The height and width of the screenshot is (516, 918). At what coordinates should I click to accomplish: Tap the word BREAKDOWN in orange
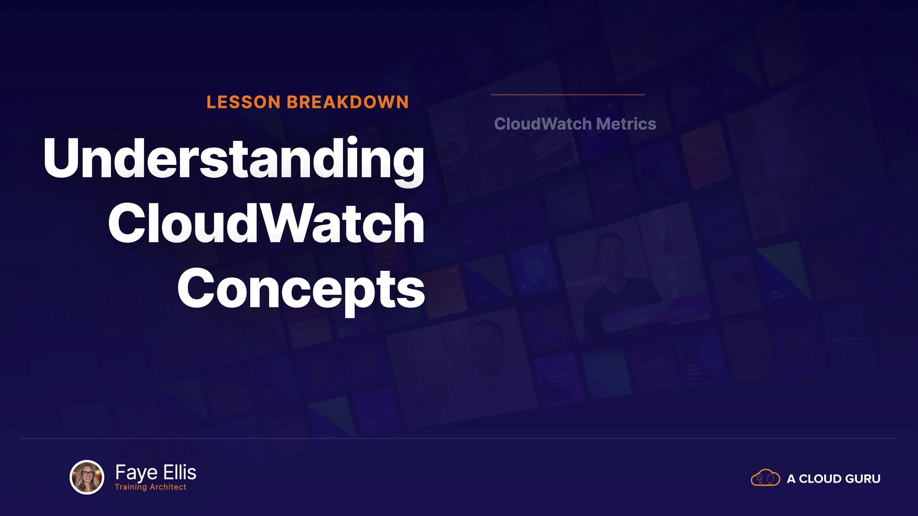348,102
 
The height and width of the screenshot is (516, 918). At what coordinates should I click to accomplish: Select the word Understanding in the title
234,160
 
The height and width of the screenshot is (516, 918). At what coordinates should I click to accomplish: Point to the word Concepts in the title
301,289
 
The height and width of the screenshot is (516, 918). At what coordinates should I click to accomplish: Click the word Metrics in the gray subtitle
626,124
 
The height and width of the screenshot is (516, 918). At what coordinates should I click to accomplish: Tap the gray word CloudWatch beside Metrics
543,124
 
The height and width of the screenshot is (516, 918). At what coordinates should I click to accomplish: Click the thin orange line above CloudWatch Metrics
568,95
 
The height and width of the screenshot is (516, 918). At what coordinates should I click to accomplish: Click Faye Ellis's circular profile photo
87,477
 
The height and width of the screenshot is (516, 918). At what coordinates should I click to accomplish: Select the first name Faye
137,473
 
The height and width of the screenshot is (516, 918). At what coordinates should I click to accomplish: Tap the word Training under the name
131,487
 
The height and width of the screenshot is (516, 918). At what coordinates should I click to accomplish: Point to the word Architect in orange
168,487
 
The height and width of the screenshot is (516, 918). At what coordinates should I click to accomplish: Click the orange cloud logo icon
765,478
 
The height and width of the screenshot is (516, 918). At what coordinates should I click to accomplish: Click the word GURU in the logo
863,479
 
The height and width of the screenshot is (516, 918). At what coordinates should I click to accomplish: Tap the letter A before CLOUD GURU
791,479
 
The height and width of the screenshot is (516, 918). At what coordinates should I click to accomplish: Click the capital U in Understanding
62,158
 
